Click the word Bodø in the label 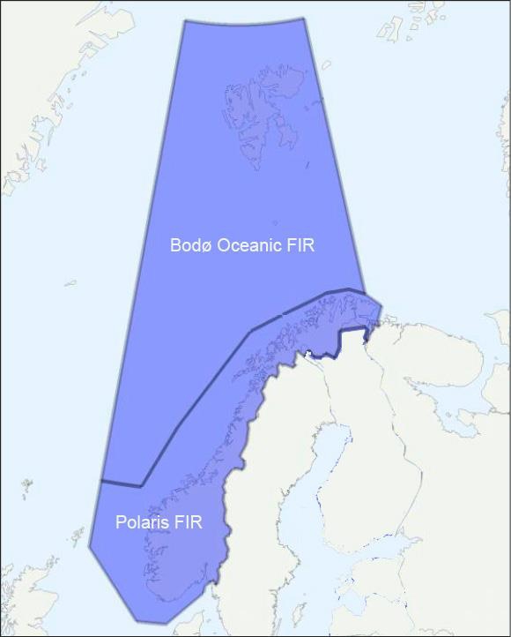click(x=188, y=245)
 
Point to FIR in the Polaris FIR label click(x=189, y=522)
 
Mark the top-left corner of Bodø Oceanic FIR click(x=184, y=19)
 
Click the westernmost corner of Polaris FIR click(x=90, y=545)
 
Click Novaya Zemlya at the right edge click(x=503, y=141)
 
